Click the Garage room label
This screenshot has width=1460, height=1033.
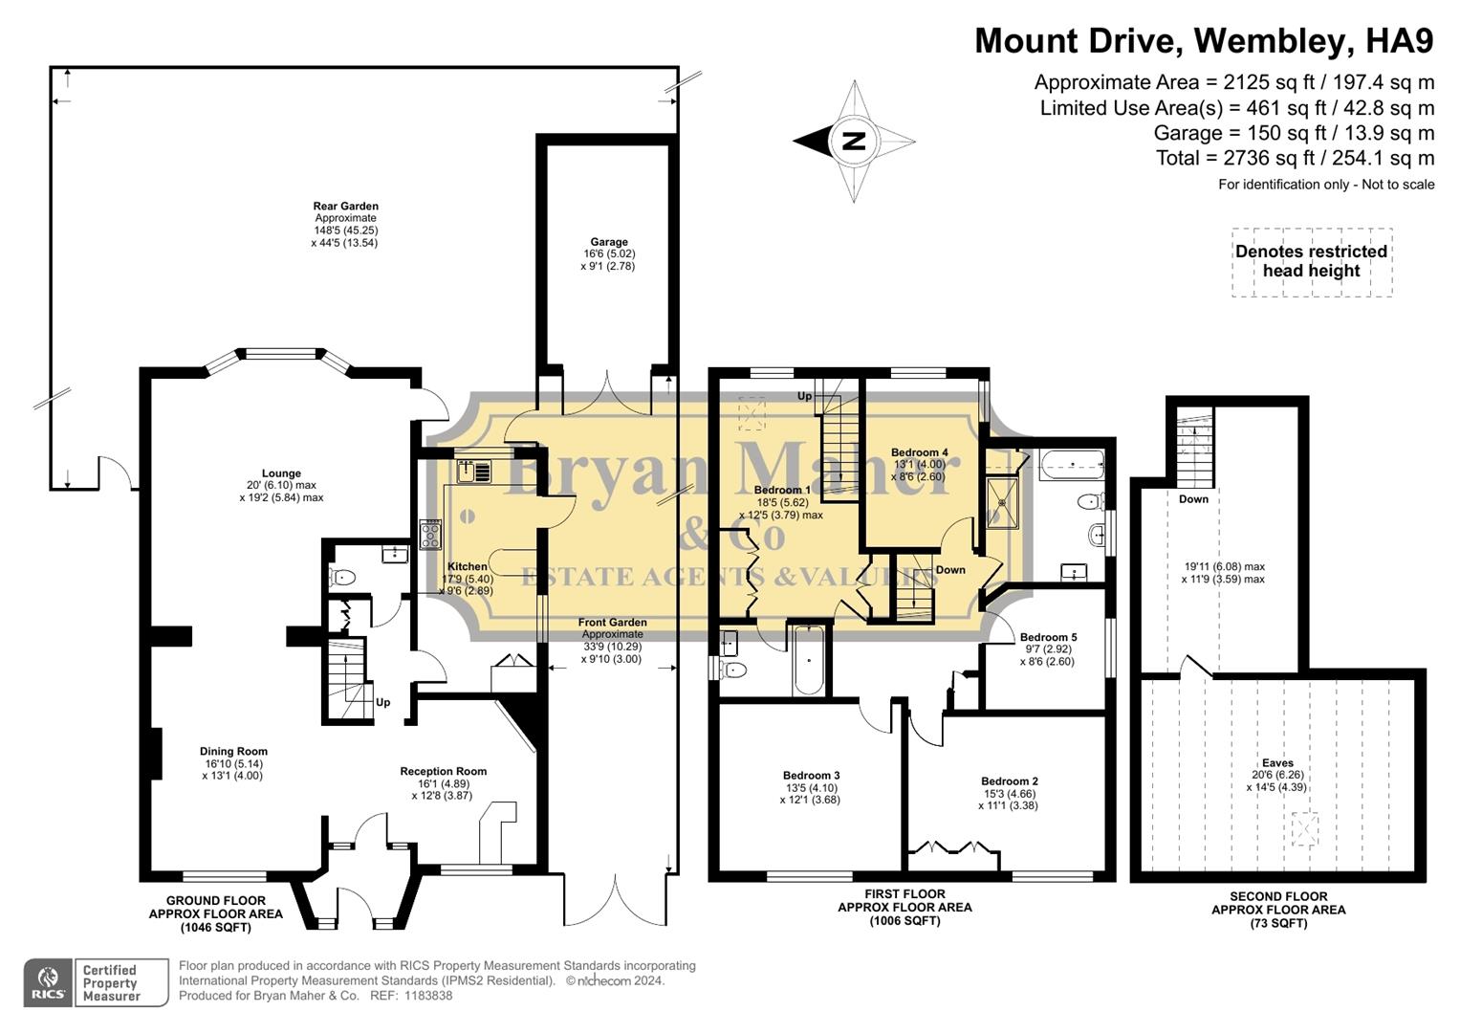[x=608, y=243]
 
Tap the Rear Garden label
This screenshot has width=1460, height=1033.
[x=345, y=207]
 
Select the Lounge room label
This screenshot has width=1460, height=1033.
[x=281, y=473]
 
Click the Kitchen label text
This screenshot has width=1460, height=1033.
[x=467, y=567]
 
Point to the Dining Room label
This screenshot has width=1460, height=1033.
[x=233, y=752]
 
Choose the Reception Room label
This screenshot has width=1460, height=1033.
[x=443, y=772]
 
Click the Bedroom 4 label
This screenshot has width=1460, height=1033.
[x=919, y=452]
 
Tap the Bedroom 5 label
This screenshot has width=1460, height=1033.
[x=1048, y=637]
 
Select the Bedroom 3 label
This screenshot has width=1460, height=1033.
[x=811, y=776]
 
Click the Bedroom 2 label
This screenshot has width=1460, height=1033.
[x=1009, y=781]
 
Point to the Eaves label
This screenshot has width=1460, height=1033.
[x=1277, y=763]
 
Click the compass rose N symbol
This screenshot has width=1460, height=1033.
[x=853, y=142]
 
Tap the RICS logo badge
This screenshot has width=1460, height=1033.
[x=49, y=982]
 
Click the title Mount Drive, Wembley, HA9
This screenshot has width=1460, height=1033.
[x=1204, y=41]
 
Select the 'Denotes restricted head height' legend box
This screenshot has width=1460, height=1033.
[x=1311, y=262]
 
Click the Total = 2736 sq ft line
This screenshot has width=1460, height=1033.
[x=1295, y=158]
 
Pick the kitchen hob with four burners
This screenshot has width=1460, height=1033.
[x=430, y=534]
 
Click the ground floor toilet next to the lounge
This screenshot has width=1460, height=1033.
[x=342, y=577]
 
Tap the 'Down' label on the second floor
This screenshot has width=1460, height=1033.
[x=1193, y=499]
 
